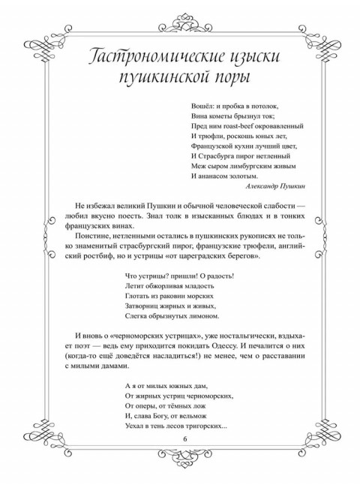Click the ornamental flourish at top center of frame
click(180, 17)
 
